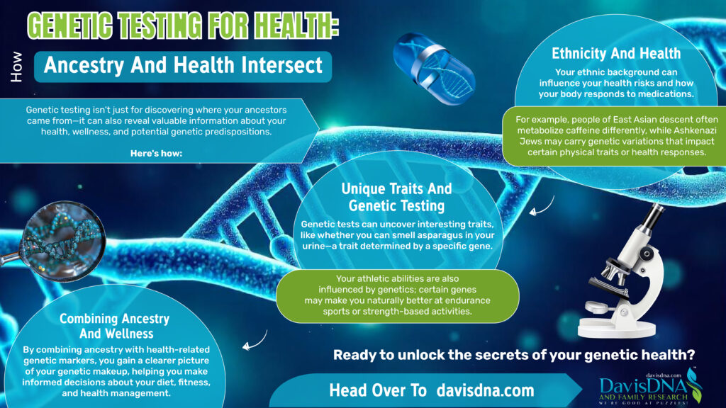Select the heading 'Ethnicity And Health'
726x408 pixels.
coord(616,54)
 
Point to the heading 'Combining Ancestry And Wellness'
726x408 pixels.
coord(114,327)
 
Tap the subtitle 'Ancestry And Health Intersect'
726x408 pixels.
coord(183,66)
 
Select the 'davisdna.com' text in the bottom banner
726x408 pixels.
coord(486,390)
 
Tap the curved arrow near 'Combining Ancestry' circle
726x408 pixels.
coord(249,345)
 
